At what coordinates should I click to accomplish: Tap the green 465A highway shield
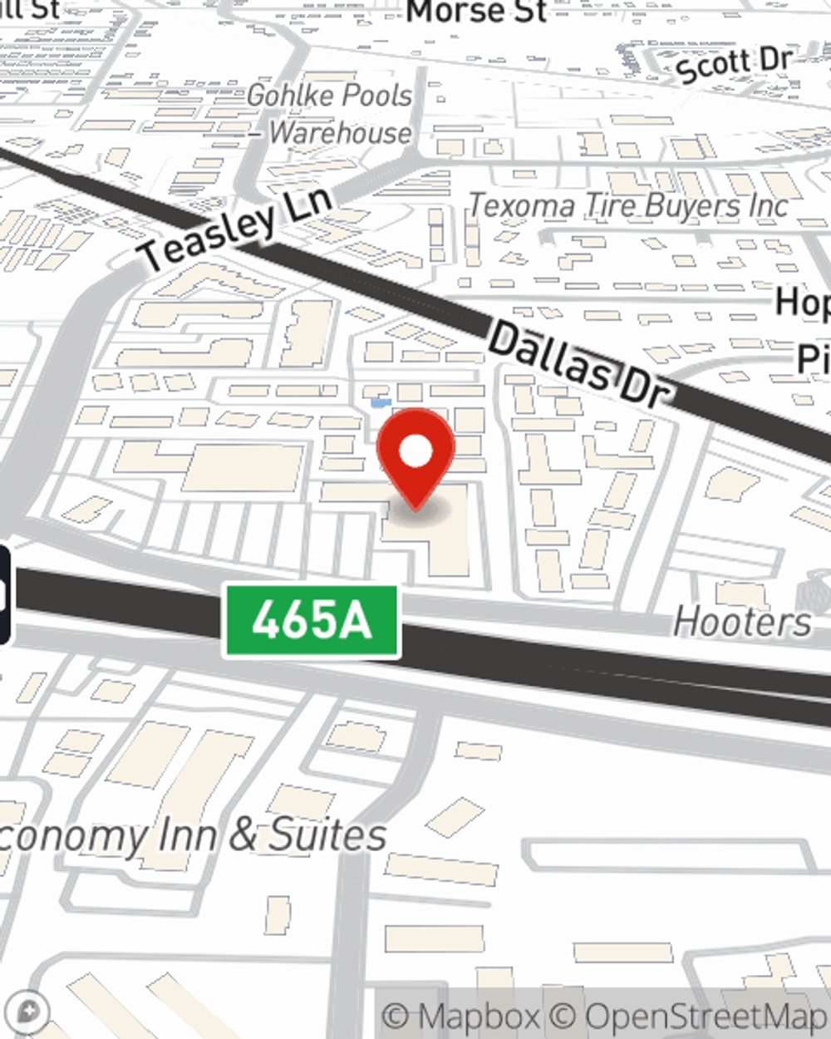312,621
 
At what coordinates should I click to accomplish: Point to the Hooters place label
742,622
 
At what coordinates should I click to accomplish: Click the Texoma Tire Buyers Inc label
628,205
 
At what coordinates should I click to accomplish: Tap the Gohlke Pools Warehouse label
331,114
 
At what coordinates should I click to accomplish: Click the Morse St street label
476,12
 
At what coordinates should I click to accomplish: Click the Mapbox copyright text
460,1017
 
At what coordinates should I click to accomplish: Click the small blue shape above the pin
381,403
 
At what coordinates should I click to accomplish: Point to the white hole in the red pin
415,451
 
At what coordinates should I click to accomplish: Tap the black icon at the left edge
4,594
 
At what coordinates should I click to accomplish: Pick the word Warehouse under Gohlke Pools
340,133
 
